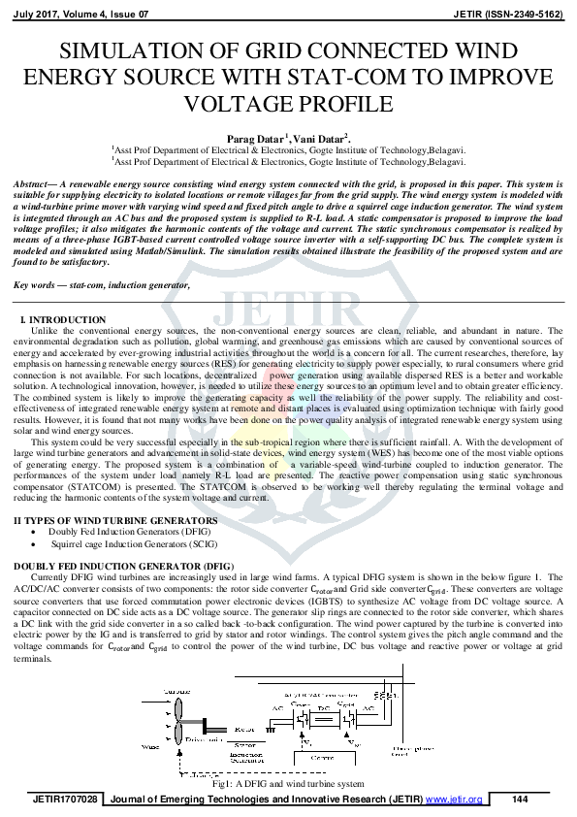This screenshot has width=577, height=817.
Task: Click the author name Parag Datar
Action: click(255, 139)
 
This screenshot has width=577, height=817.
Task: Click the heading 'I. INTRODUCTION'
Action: click(63, 320)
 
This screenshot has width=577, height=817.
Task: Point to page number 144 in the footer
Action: click(520, 799)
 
